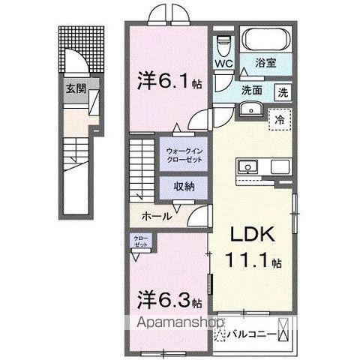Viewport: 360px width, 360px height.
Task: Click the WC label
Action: pos(224,64)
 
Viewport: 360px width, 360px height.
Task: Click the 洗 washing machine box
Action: pos(283,93)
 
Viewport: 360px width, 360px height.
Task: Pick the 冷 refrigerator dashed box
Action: pos(278,119)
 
